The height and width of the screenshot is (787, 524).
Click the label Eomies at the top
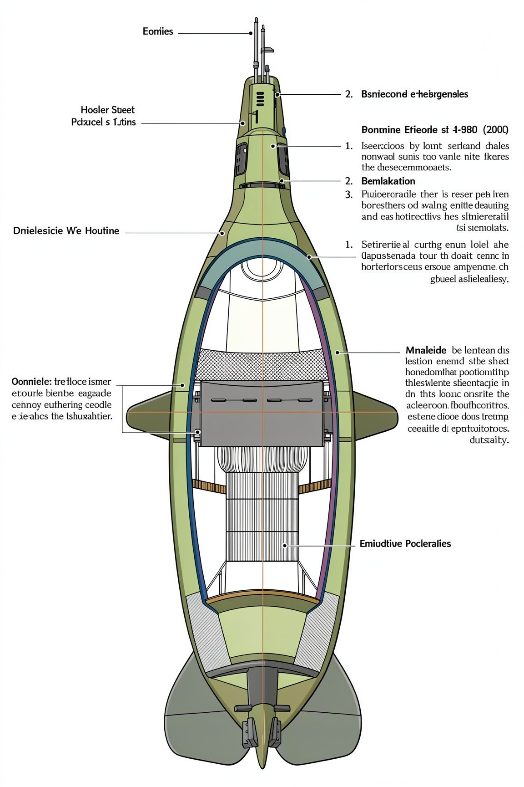coord(158,31)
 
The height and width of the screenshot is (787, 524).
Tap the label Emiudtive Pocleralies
coord(405,543)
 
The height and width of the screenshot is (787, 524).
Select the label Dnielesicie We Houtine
coord(66,231)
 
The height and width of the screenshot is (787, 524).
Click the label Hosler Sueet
coord(108,110)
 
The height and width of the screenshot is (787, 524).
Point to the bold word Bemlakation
coord(388,181)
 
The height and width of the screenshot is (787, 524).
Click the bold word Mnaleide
coord(425,350)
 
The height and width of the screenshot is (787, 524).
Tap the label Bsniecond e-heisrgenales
coord(414,94)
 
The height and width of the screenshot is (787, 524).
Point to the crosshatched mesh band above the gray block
coord(262,364)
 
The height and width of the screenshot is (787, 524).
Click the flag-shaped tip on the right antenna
coord(268,49)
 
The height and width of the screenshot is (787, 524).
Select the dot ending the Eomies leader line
coord(251,33)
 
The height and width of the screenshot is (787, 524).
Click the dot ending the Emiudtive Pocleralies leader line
coord(284,545)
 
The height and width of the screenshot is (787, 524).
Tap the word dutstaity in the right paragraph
coord(489,440)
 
